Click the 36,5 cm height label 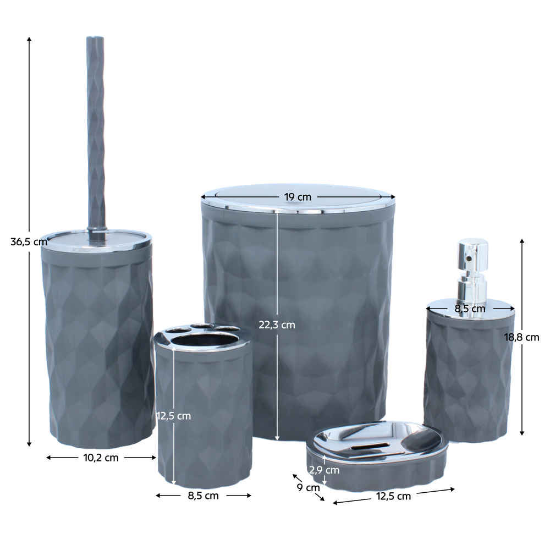(x=29, y=241)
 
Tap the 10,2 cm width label (x=101, y=458)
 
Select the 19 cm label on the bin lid (x=298, y=197)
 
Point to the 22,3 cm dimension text (x=277, y=325)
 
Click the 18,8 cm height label (x=521, y=338)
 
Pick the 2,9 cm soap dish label (x=324, y=470)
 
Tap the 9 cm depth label (x=309, y=487)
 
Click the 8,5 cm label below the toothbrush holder (x=203, y=496)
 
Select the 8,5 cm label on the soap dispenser (x=470, y=309)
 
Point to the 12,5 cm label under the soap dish (x=393, y=496)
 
